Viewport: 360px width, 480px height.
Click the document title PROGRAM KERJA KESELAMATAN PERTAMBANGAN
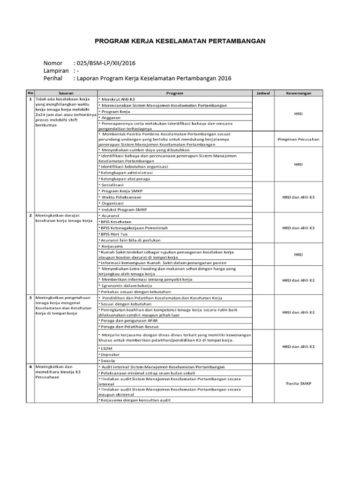pos(180,41)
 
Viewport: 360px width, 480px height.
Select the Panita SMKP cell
pos(298,383)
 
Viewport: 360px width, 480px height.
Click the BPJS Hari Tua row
pos(114,233)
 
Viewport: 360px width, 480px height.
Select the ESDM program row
pos(106,349)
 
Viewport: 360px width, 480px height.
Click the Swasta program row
pos(107,361)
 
